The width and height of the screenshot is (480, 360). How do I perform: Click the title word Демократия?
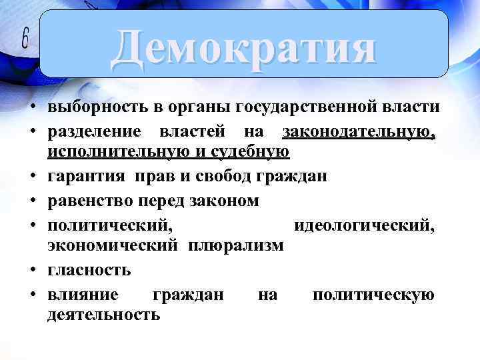tap(243, 47)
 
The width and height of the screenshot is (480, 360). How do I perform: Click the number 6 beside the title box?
tap(25, 41)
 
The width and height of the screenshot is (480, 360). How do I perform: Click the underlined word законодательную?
tap(359, 131)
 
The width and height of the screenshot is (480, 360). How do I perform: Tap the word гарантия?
tap(85, 177)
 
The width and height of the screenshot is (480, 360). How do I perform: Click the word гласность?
tap(89, 271)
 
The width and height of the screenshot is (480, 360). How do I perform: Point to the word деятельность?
tap(104, 315)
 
